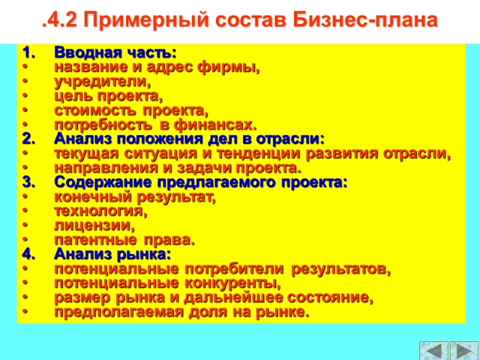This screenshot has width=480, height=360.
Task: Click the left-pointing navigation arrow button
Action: click(433, 350)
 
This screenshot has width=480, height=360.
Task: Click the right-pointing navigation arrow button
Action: click(463, 350)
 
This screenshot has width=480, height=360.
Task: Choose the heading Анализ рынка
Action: click(112, 255)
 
